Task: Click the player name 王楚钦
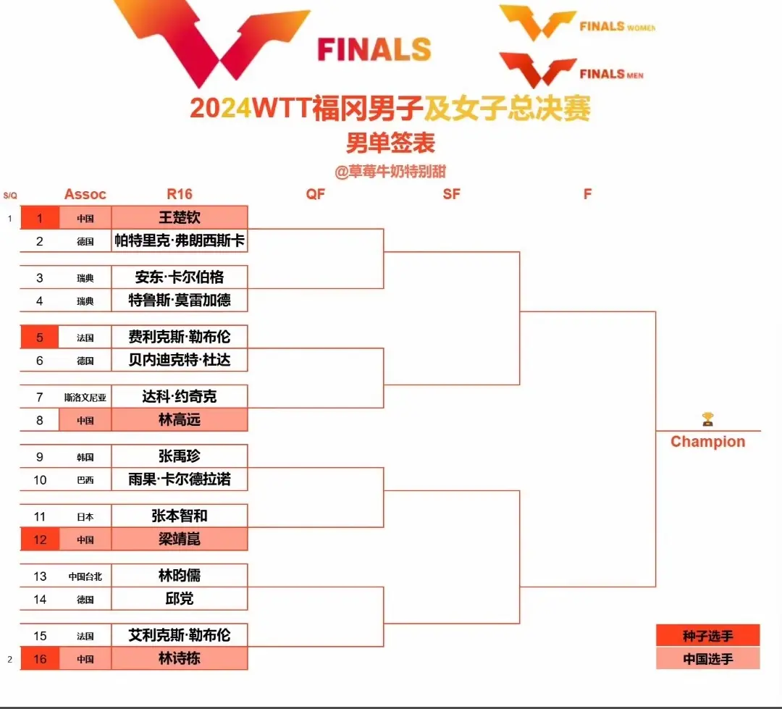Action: [x=180, y=217]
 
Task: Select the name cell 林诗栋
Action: [x=180, y=659]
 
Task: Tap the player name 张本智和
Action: [x=180, y=516]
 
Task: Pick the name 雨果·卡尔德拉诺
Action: [x=180, y=479]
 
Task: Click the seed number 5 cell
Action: [x=40, y=337]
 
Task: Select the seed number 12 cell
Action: [x=40, y=540]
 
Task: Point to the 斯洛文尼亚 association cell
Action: [x=85, y=397]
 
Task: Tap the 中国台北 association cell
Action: [x=85, y=576]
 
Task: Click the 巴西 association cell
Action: [x=85, y=479]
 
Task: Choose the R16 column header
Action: [x=180, y=194]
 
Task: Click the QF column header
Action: [x=316, y=194]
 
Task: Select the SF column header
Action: [x=451, y=194]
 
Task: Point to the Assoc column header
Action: [x=85, y=194]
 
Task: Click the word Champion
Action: [x=707, y=442]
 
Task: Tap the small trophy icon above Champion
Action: [x=707, y=419]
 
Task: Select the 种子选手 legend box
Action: [x=707, y=636]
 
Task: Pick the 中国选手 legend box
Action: [x=707, y=659]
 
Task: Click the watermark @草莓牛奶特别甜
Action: [x=390, y=172]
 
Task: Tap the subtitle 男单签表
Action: [x=390, y=143]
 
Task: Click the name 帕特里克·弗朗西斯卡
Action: [x=180, y=240]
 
